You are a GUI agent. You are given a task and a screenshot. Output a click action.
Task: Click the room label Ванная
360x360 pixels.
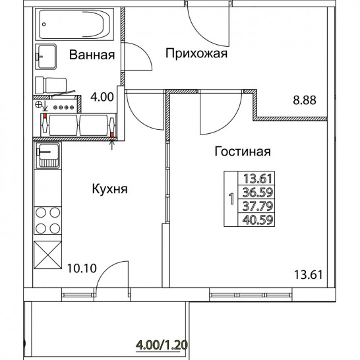[x=92, y=55]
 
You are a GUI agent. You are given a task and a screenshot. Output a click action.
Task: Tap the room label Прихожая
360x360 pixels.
[x=196, y=53]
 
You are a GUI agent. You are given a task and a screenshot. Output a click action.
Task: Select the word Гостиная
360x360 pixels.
[x=243, y=151]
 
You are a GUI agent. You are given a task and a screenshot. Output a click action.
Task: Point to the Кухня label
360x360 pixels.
[x=109, y=189]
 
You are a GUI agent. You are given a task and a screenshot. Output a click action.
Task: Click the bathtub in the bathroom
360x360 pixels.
[x=75, y=24]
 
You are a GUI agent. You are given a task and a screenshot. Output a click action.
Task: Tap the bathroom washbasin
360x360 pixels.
[x=46, y=57]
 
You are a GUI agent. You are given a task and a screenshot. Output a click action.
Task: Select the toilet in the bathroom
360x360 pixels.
[x=51, y=86]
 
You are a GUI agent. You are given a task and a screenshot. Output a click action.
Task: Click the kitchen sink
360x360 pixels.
[x=47, y=156]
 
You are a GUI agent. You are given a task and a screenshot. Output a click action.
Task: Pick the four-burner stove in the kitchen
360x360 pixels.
[x=47, y=220]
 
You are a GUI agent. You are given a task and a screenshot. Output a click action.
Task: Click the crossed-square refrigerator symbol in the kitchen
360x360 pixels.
[x=47, y=255]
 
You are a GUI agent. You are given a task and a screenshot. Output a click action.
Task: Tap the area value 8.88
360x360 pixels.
[x=305, y=100]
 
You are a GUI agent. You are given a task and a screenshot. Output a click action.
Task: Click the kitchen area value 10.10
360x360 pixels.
[x=82, y=268]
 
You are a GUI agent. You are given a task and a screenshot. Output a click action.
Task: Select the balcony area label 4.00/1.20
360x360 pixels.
[x=162, y=345]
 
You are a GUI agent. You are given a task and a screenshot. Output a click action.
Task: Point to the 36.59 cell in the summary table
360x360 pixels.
[x=258, y=192]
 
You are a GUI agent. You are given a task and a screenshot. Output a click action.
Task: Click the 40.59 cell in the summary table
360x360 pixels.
[x=258, y=220]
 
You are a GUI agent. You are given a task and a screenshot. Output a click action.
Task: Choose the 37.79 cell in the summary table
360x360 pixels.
[x=258, y=206]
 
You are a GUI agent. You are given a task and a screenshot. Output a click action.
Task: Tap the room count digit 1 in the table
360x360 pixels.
[x=231, y=199]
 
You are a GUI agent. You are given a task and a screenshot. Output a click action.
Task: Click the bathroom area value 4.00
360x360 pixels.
[x=102, y=97]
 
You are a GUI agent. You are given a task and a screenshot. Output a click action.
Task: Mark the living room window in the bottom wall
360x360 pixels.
[x=251, y=295]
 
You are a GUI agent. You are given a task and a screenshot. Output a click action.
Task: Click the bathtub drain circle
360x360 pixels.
[x=44, y=24]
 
